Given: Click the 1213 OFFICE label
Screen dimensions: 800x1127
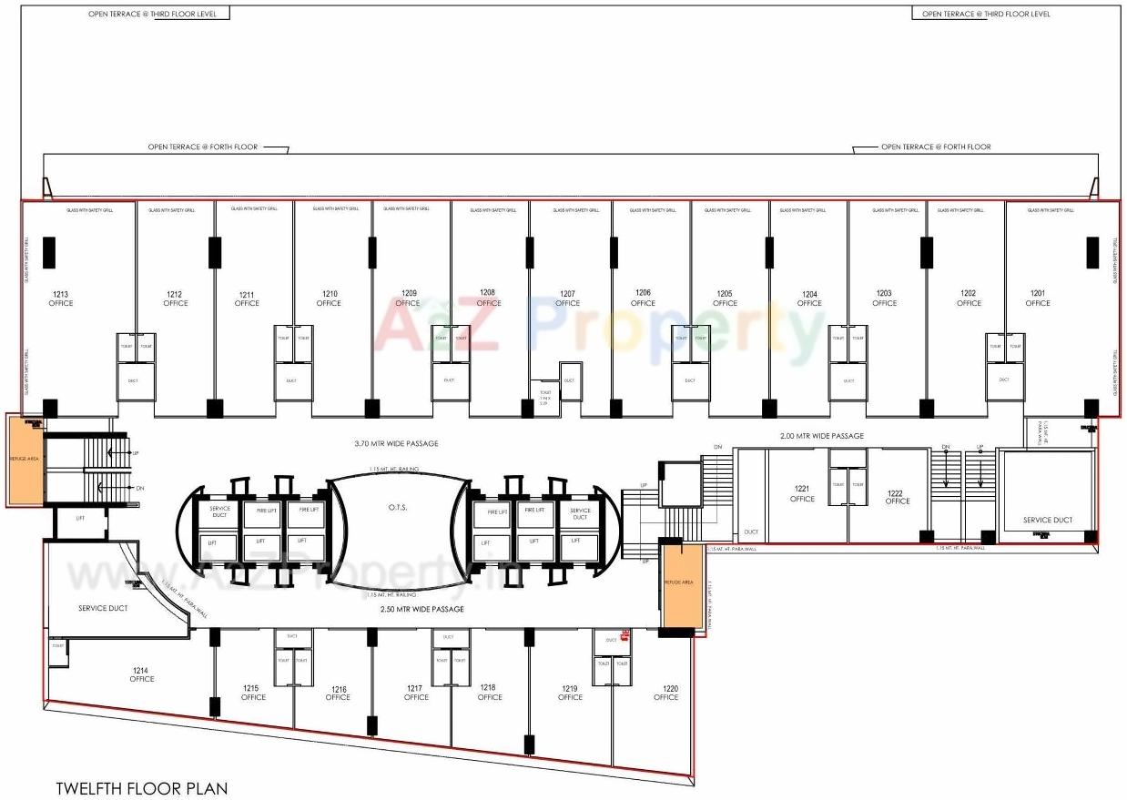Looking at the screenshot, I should [x=61, y=299].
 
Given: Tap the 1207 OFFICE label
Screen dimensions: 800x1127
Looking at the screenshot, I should [x=567, y=299].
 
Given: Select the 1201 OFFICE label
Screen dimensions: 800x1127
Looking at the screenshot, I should [x=1038, y=299].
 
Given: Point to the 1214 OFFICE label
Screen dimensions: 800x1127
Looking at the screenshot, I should [x=141, y=674].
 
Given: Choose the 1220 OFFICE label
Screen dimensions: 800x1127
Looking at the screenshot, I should [x=665, y=693].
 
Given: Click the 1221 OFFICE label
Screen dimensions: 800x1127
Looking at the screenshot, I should [x=802, y=493].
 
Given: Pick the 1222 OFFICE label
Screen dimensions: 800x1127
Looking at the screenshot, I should [x=897, y=497].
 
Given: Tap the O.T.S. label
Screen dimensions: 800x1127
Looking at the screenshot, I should [x=399, y=508].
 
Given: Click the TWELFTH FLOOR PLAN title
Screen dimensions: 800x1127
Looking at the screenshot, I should [x=141, y=788].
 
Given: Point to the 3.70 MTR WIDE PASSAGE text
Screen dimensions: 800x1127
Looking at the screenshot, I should [x=396, y=444].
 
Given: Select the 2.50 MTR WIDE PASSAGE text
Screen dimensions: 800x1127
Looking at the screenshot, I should [x=421, y=609].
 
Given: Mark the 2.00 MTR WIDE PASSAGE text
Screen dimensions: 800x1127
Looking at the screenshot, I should [x=821, y=436].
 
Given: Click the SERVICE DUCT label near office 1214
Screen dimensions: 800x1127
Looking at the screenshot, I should [x=103, y=608].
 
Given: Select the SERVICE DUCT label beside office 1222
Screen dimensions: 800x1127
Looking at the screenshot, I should [x=1047, y=521].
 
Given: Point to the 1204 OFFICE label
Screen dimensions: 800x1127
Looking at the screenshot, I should [x=809, y=299].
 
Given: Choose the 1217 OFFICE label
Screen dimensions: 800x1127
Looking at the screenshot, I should [x=416, y=693].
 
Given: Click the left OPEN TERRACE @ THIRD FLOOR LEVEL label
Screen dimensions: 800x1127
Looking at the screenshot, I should [x=152, y=15].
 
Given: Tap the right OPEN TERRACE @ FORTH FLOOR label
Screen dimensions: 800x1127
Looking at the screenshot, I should [x=935, y=147].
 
